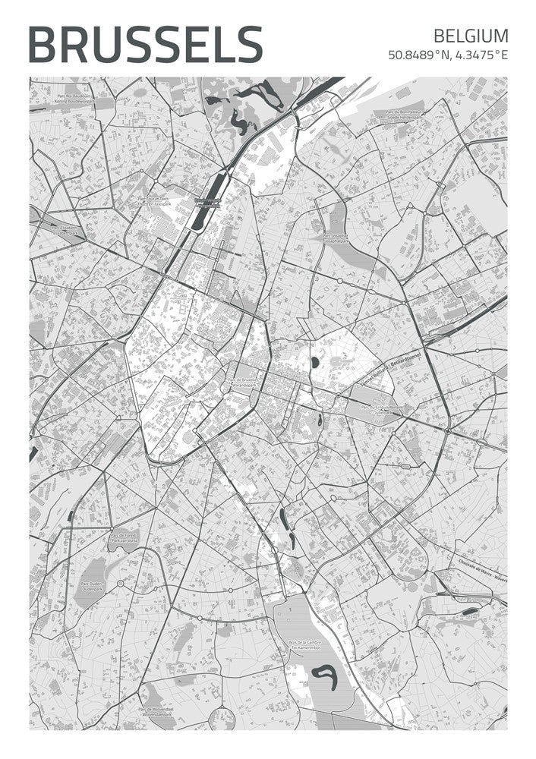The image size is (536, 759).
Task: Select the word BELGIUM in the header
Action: (471, 36)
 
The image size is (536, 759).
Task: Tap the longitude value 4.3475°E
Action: (480, 55)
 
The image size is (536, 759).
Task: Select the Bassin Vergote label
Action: (206, 203)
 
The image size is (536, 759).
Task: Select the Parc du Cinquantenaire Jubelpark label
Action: (383, 408)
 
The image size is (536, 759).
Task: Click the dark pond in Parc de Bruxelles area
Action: (314, 363)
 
